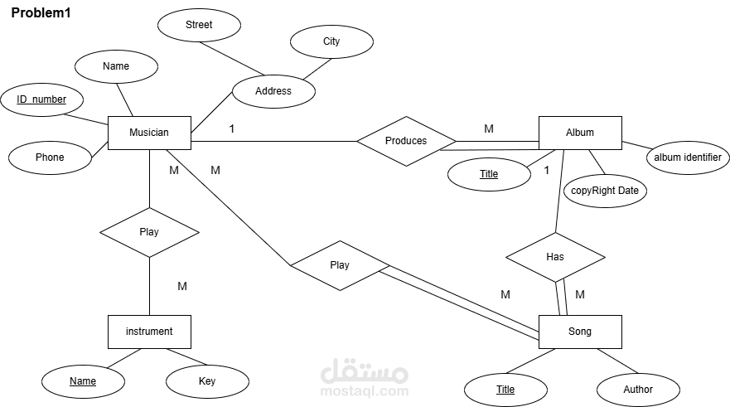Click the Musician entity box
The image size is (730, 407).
point(149,133)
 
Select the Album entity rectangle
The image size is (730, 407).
point(580,133)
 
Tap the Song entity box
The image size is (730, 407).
point(580,332)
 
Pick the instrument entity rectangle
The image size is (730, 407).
point(149,332)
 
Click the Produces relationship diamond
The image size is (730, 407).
point(407,141)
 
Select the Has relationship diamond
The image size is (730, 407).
point(555,257)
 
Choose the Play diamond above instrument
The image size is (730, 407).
point(149,232)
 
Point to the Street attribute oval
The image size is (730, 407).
point(199,25)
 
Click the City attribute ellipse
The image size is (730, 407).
point(331,41)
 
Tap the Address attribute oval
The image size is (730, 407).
point(273,91)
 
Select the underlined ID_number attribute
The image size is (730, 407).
point(42,99)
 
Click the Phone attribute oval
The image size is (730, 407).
point(50,157)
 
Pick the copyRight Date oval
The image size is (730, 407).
point(605,191)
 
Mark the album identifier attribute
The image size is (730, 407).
point(688,157)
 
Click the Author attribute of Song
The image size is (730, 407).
point(638,390)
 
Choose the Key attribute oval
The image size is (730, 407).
point(207,381)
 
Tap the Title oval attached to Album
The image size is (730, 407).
point(489,174)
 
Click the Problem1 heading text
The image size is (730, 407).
point(41,13)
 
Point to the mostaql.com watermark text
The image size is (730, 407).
point(365,391)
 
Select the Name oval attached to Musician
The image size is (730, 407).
point(116,66)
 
